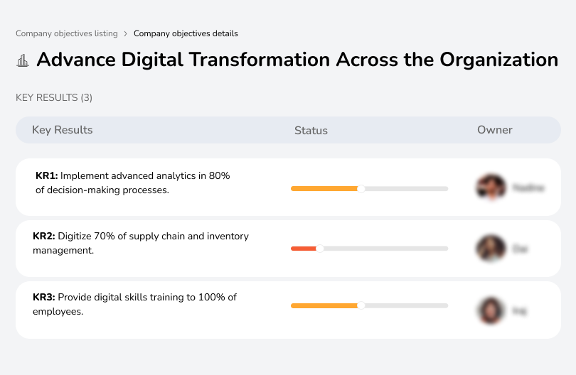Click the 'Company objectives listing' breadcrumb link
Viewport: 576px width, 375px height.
66,33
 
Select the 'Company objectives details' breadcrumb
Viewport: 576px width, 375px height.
186,33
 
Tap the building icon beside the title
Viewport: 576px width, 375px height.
23,60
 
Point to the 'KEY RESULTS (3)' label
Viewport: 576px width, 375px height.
54,97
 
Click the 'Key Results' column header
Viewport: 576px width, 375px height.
63,130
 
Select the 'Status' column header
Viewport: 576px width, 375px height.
311,131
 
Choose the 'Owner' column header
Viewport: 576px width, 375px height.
495,130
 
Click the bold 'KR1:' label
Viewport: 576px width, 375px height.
46,176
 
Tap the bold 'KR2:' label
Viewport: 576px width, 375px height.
44,237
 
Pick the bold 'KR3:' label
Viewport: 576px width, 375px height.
44,297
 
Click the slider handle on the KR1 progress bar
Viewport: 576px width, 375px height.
361,188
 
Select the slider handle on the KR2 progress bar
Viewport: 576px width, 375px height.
320,249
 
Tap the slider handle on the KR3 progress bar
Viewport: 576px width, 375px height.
361,305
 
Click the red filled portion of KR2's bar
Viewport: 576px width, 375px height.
304,249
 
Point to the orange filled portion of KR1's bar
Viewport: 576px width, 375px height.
324,188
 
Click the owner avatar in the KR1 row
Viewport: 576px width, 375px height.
491,187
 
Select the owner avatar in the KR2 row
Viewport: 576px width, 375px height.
491,249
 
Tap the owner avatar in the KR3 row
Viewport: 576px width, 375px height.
491,310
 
